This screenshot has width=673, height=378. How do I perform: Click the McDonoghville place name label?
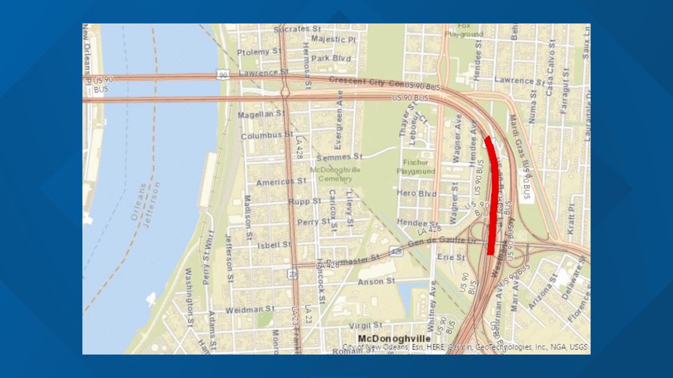point(394,338)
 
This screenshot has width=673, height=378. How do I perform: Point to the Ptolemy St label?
point(259,52)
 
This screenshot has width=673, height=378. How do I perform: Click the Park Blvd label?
point(331,58)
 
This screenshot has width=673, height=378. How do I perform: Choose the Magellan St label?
point(262,114)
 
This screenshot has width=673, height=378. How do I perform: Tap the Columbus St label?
point(266,136)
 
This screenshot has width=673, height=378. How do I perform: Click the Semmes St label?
point(339,157)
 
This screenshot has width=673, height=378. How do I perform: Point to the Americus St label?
point(281,182)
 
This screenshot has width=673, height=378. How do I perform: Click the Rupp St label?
point(305,201)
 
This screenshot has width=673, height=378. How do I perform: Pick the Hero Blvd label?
point(417,193)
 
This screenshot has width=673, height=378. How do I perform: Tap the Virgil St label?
point(366,325)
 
